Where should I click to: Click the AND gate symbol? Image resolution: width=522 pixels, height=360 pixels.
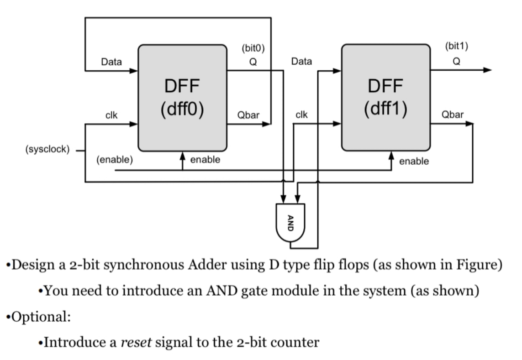tap(290, 223)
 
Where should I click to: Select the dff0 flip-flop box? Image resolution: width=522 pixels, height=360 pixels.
tap(182, 98)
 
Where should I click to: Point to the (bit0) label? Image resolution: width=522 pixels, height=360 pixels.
tap(253, 47)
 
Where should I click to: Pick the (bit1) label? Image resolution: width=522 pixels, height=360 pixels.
tap(456, 46)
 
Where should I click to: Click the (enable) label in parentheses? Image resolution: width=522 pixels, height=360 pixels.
tap(114, 160)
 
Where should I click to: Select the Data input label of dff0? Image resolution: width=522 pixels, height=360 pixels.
tap(111, 62)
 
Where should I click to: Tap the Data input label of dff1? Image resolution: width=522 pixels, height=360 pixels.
tap(301, 62)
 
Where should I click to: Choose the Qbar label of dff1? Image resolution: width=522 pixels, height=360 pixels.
tap(452, 115)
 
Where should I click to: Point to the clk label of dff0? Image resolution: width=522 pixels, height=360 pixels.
tap(111, 115)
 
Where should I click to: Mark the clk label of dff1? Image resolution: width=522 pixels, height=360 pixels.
tap(301, 115)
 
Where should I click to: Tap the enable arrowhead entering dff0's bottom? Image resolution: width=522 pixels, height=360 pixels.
tap(183, 157)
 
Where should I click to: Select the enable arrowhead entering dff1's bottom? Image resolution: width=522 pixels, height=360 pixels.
tap(391, 157)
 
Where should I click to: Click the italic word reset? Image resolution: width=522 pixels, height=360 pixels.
tap(137, 342)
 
